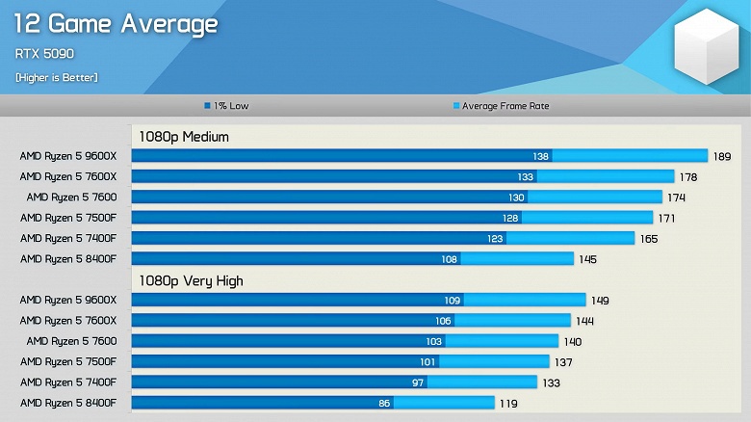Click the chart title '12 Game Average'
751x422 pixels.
(x=116, y=23)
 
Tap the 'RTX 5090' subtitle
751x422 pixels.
(x=44, y=54)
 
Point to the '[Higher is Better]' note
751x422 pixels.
(x=56, y=77)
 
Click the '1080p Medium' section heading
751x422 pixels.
(x=184, y=137)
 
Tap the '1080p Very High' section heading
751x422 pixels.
(x=191, y=281)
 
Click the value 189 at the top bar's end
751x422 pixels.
(x=722, y=156)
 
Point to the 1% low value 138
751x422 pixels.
(x=541, y=156)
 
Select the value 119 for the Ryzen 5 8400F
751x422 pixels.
(x=508, y=404)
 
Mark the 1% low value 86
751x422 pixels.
(x=384, y=404)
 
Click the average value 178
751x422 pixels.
(x=688, y=177)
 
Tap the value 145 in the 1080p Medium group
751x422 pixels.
(x=588, y=259)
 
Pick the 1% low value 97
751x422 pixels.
(x=418, y=382)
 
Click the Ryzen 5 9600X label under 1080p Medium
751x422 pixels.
(x=67, y=156)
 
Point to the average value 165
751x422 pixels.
(x=649, y=239)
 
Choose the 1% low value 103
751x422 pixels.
(x=434, y=342)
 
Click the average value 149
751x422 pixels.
(x=600, y=301)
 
